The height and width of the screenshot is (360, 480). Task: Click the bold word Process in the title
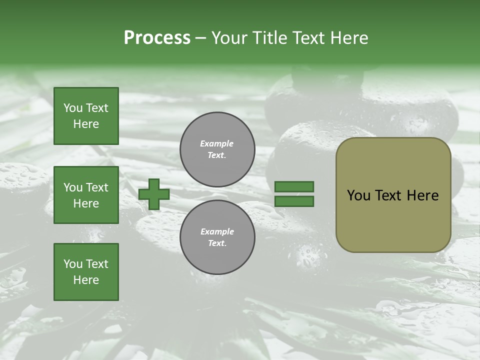coord(157,38)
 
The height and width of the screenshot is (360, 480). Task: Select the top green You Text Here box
coord(86,116)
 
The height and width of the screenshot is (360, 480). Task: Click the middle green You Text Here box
coord(86,195)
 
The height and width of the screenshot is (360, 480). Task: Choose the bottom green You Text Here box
coord(86,272)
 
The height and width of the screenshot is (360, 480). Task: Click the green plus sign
coord(154,194)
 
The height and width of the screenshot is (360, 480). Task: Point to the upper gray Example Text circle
coord(217,149)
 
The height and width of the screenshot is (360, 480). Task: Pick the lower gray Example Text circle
coord(217,237)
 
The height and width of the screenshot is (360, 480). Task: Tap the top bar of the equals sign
coord(294,187)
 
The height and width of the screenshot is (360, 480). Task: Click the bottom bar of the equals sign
coord(294,201)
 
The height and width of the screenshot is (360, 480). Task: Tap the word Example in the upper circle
coord(217,143)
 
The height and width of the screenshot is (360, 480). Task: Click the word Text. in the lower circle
coord(217,243)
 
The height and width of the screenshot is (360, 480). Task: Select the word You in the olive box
coord(359,195)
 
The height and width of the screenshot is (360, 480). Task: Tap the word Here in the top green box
coord(86,124)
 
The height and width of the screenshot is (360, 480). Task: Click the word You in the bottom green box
coord(73,264)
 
